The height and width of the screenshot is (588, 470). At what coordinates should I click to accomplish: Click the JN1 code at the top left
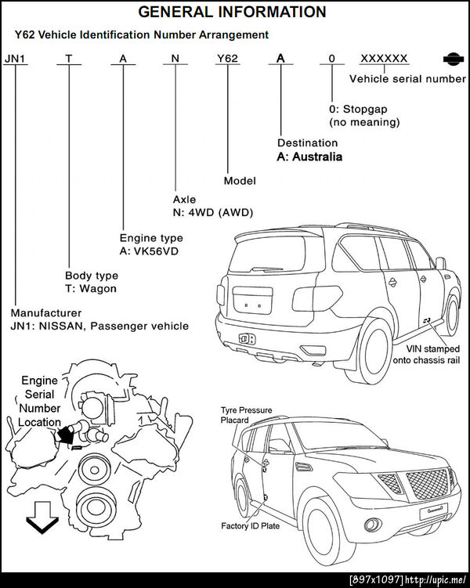pyautogui.click(x=15, y=59)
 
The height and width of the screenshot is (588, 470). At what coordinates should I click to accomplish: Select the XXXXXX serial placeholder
pyautogui.click(x=384, y=59)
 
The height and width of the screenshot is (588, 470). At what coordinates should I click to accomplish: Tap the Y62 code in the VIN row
pyautogui.click(x=227, y=59)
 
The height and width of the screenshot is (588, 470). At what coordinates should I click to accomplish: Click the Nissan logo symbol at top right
pyautogui.click(x=453, y=59)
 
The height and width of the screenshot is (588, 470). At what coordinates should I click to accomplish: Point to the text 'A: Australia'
pyautogui.click(x=309, y=157)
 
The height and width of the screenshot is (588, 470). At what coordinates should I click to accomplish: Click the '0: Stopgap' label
pyautogui.click(x=358, y=109)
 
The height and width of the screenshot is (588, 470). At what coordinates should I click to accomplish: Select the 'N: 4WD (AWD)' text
pyautogui.click(x=213, y=213)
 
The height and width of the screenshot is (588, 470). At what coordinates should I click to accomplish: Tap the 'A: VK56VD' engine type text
pyautogui.click(x=149, y=251)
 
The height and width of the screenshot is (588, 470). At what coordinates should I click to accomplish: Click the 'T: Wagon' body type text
pyautogui.click(x=91, y=289)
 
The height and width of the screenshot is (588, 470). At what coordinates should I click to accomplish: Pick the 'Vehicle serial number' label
pyautogui.click(x=408, y=79)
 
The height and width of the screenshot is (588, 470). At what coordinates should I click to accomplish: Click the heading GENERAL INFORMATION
pyautogui.click(x=232, y=12)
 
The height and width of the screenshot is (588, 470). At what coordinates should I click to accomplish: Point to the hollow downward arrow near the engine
pyautogui.click(x=42, y=517)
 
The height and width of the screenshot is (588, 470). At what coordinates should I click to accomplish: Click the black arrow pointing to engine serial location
pyautogui.click(x=64, y=435)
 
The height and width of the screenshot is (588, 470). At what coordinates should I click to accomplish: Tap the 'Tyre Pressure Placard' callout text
pyautogui.click(x=246, y=415)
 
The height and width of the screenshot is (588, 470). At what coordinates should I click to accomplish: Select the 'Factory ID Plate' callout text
pyautogui.click(x=250, y=526)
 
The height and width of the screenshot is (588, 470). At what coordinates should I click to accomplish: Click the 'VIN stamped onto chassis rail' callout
pyautogui.click(x=426, y=355)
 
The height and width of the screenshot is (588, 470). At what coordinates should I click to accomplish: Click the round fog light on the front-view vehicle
pyautogui.click(x=373, y=525)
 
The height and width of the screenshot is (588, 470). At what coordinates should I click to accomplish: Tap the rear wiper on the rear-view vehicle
pyautogui.click(x=267, y=269)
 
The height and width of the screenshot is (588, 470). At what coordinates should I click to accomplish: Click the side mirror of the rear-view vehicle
pyautogui.click(x=441, y=263)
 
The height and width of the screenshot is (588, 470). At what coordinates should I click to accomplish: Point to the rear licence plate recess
pyautogui.click(x=252, y=301)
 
